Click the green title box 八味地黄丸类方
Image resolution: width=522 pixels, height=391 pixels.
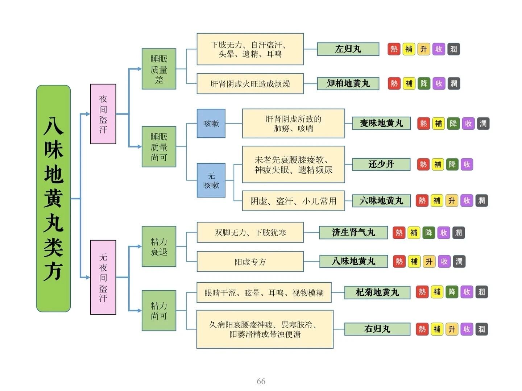pos(53,198)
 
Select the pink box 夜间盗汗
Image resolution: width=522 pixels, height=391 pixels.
pos(103,114)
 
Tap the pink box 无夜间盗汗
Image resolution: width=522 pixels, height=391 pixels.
pos(103,277)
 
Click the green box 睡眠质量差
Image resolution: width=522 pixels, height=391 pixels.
pos(159,69)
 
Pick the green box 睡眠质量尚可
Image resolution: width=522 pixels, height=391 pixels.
pos(159,146)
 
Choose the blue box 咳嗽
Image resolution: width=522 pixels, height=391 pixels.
pos(211,124)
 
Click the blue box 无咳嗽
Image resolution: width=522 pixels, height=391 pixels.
pos(211,180)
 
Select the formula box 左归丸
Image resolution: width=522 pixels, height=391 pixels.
pos(348,49)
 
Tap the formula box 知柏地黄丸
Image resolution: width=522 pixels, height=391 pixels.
pos(348,84)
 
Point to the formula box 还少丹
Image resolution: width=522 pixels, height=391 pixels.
pos(381,164)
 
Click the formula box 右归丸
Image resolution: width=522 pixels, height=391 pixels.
pos(377,329)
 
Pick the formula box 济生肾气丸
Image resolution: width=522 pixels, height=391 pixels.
pos(353,232)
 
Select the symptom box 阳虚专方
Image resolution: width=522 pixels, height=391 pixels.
pos(250,262)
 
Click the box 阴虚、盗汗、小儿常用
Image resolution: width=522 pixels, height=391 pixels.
pos(293,201)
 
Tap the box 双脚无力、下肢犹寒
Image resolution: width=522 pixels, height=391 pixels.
pos(250,232)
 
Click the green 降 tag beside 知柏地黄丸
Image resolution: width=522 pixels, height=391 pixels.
pos(424,84)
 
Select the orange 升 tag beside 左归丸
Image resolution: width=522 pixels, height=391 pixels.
pos(424,49)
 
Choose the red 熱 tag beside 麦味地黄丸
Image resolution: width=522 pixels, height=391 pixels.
pos(423,124)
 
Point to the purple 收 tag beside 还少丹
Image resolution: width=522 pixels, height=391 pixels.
pos(467,165)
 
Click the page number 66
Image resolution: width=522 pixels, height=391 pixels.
pos(261,381)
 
